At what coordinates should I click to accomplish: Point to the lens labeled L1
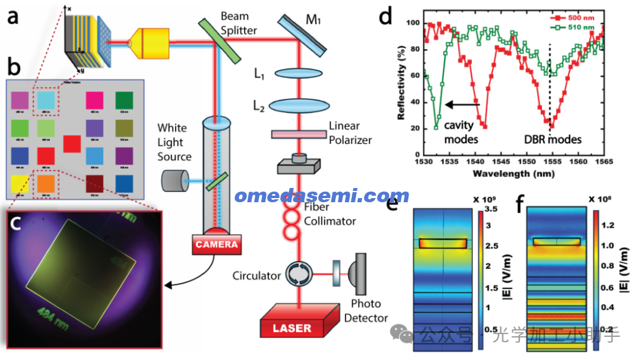[297, 74]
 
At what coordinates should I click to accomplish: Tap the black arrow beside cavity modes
[462, 105]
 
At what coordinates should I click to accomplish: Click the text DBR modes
[553, 139]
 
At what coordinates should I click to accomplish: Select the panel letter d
[386, 16]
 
